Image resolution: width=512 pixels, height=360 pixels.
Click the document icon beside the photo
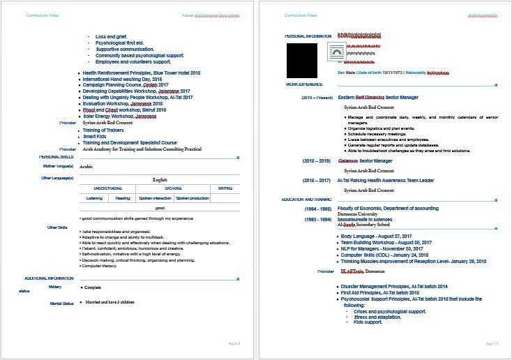click(337, 52)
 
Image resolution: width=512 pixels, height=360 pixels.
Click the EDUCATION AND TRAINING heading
click(307, 200)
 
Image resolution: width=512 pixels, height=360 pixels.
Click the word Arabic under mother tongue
click(86, 167)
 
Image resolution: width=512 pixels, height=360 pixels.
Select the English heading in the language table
click(160, 179)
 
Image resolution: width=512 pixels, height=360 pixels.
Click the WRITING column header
click(225, 188)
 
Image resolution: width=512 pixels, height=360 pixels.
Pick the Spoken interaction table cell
click(155, 198)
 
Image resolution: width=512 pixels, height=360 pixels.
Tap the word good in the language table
click(160, 208)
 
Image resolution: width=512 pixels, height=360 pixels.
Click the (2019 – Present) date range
click(317, 98)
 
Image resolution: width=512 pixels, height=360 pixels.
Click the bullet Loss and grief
click(111, 36)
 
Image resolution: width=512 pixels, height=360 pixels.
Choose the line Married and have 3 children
click(109, 302)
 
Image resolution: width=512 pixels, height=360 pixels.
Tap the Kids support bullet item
click(368, 322)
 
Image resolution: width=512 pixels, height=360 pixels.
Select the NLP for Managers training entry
click(382, 248)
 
